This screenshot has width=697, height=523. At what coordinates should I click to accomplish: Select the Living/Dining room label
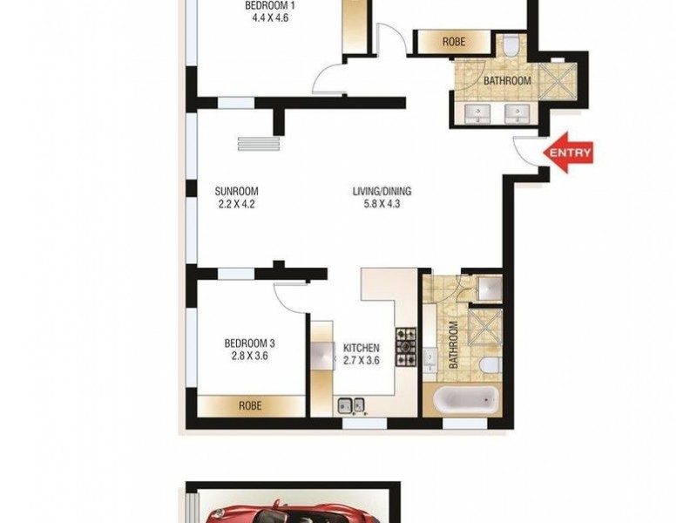[x=382, y=192]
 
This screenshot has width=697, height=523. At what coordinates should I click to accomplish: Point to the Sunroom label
[x=237, y=192]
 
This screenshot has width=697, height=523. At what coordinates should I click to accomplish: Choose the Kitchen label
[x=361, y=347]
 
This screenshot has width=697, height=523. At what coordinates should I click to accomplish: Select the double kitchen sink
[x=352, y=404]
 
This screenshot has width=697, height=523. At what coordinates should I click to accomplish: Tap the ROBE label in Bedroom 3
[x=250, y=406]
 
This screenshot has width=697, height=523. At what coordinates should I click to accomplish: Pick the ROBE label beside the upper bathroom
[x=453, y=41]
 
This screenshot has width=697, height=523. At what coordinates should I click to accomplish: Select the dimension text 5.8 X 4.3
[x=382, y=205]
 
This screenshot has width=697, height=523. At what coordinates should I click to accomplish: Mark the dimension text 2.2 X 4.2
[x=237, y=205]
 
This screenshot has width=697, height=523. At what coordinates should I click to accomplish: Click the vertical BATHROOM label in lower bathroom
[x=454, y=345]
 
